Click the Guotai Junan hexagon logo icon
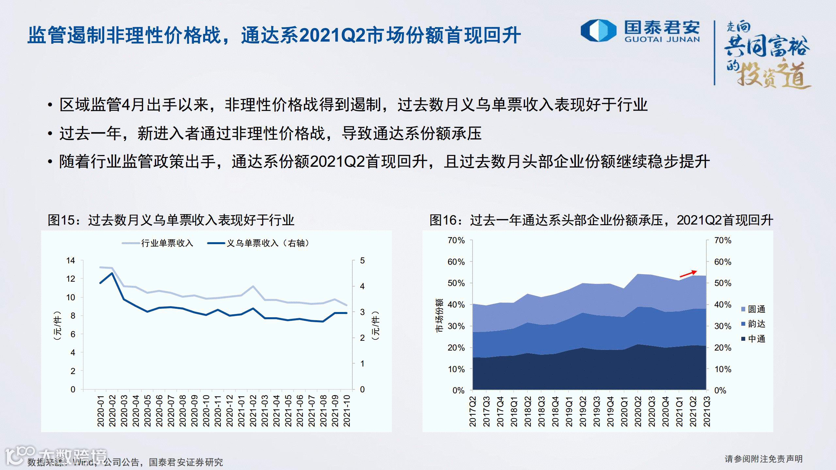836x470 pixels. point(598,31)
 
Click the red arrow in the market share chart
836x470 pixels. point(688,274)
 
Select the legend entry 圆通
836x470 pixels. point(753,309)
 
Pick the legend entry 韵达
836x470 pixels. point(753,324)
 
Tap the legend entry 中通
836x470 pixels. point(753,339)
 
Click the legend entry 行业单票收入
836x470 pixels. point(158,243)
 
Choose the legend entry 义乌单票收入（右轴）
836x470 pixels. point(258,243)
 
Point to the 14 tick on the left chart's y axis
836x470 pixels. point(71,260)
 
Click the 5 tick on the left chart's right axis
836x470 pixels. point(362,260)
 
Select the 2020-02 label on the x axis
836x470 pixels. point(112,411)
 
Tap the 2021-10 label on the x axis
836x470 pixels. point(347,411)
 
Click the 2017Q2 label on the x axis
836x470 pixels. point(473,411)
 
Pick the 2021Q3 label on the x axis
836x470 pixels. point(707,411)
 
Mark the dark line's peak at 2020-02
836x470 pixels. point(112,273)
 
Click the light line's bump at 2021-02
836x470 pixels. point(253,286)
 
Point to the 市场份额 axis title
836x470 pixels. point(439,315)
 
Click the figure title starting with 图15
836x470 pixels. point(171,220)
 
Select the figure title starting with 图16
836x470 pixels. point(601,220)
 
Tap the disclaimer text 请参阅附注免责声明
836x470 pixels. point(764,459)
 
